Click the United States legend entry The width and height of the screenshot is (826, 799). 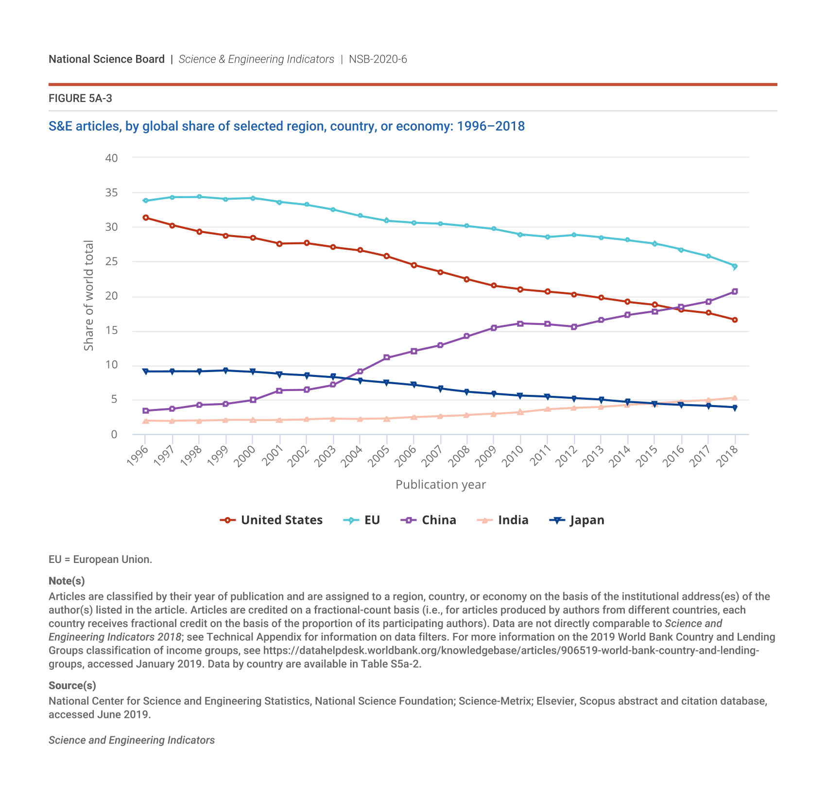coord(271,520)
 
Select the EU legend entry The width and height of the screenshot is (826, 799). coord(362,520)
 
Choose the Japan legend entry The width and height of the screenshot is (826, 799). coord(577,520)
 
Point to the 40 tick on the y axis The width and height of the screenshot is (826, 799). coord(111,158)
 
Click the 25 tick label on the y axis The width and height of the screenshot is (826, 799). coord(111,262)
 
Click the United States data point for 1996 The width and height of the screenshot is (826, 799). coord(145,218)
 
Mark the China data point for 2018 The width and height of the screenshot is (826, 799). coord(735,291)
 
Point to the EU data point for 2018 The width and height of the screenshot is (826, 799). coord(735,266)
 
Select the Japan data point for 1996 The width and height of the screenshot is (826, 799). coord(145,372)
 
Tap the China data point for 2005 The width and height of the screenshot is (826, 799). coord(387,357)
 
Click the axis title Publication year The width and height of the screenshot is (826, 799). coord(440,485)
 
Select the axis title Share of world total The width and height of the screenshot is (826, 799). coord(88,295)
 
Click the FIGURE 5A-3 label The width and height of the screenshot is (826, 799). coord(80,99)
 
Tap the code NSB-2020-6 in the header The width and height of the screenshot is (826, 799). coord(378,59)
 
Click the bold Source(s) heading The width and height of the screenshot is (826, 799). coord(72,685)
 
